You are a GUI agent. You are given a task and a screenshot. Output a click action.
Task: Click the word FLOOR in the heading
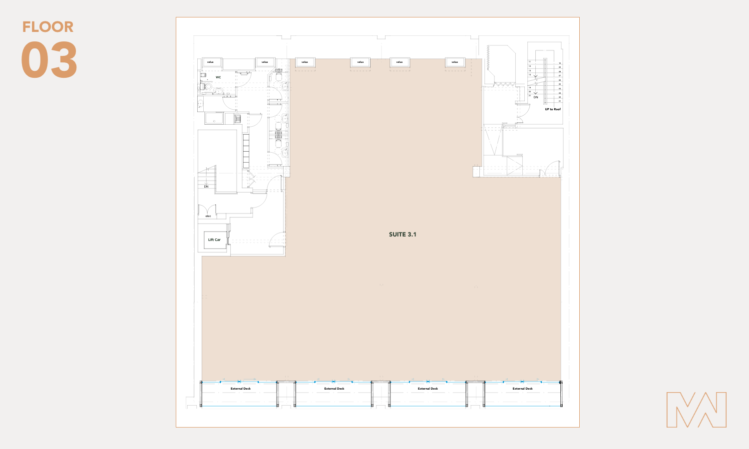click(48, 27)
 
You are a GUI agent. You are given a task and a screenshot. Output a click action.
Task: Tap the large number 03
click(49, 60)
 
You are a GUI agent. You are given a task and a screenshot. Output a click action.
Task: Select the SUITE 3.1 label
click(402, 234)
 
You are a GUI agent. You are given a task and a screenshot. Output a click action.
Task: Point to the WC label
click(218, 77)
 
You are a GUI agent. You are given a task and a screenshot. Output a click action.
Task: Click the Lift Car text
click(214, 240)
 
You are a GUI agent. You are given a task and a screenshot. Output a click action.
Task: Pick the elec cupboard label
click(208, 216)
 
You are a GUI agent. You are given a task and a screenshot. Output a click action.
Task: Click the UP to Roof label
click(553, 109)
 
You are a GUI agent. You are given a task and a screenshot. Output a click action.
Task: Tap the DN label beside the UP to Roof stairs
click(536, 97)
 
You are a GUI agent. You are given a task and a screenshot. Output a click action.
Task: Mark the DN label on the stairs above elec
click(206, 187)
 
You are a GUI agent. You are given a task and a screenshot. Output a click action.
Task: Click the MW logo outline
click(696, 410)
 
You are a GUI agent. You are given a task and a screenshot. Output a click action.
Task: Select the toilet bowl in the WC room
click(208, 87)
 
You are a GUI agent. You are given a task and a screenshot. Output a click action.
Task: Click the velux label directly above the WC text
click(210, 62)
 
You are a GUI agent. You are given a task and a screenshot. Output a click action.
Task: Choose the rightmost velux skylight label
click(455, 62)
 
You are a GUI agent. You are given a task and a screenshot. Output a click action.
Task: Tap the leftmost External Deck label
click(241, 389)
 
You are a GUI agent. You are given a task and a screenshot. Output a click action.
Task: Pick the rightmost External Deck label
click(522, 389)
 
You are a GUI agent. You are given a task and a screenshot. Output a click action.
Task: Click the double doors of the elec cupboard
click(207, 210)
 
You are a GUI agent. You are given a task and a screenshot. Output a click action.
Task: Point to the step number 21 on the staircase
click(530, 96)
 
